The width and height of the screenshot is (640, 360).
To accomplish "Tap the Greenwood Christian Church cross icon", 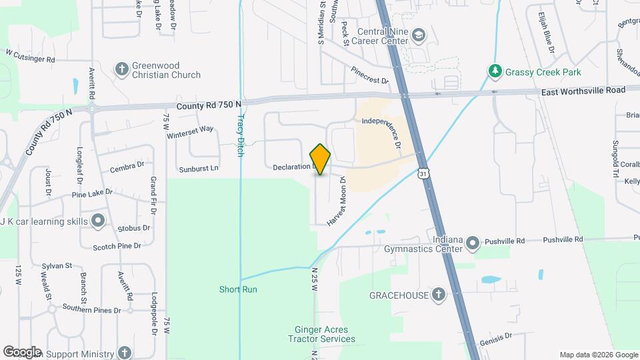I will click(x=121, y=69).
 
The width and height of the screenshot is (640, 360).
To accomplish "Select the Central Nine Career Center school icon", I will click(x=419, y=35).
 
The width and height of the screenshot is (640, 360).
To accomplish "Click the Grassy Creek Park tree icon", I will click(x=494, y=70).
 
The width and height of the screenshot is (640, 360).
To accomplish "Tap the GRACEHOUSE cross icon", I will click(x=438, y=294).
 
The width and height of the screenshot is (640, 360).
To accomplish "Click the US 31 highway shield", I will click(x=424, y=173).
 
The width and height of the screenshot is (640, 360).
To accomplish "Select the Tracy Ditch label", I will click(x=241, y=134).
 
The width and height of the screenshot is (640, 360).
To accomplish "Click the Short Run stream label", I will click(x=238, y=289).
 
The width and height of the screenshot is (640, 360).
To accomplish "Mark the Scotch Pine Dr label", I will click(x=117, y=246).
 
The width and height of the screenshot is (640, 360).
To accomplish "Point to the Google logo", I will click(x=22, y=352).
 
